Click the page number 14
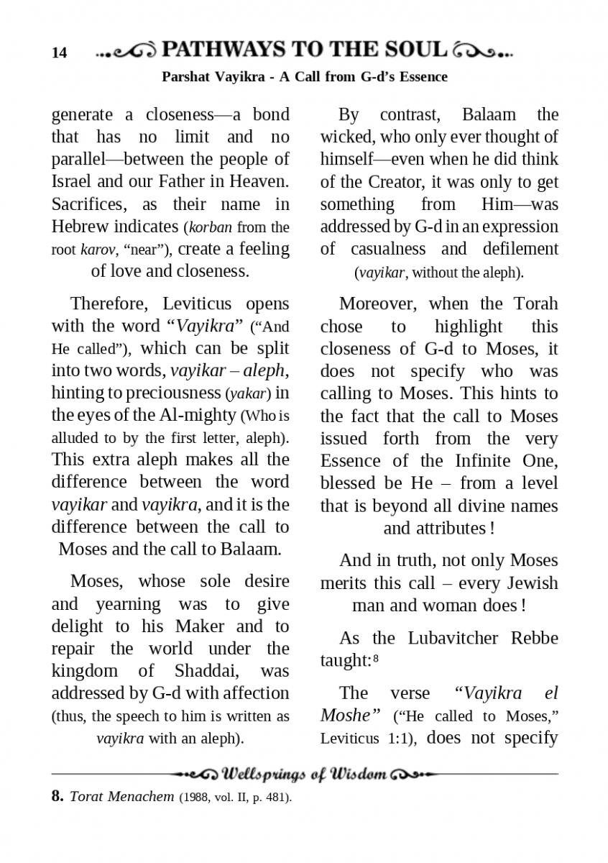pyautogui.click(x=59, y=52)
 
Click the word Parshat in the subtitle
pyautogui.click(x=186, y=76)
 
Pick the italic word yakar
pyautogui.click(x=249, y=393)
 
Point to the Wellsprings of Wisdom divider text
pyautogui.click(x=305, y=775)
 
